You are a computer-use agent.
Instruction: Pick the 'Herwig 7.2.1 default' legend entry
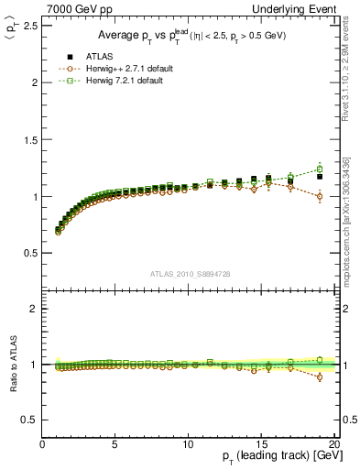click(123, 82)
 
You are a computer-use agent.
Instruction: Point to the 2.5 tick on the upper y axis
click(31, 26)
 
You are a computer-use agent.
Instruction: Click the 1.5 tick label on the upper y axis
click(31, 139)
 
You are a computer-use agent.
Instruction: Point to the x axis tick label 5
click(115, 444)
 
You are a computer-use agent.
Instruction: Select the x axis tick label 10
click(188, 444)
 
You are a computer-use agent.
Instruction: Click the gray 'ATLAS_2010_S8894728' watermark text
click(188, 274)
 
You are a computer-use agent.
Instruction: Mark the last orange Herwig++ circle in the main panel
click(319, 196)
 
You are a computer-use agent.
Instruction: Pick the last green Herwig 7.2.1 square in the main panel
click(319, 169)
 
